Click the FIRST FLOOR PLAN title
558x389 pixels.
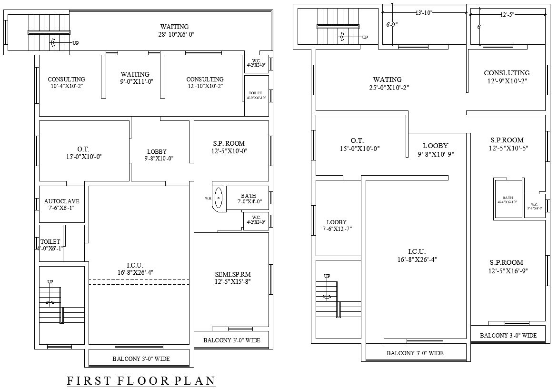tap(141, 381)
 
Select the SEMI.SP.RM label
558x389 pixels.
tap(232, 278)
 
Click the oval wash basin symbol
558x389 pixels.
tap(219, 198)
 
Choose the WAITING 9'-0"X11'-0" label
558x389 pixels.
tap(135, 78)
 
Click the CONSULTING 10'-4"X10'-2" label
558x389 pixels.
tap(66, 82)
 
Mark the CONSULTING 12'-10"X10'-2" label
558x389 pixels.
tap(205, 82)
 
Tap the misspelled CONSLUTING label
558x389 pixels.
tap(507, 77)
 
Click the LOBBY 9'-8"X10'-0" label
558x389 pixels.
tap(157, 155)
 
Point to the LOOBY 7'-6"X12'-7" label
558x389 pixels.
tap(337, 225)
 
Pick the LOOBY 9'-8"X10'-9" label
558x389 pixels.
tap(435, 150)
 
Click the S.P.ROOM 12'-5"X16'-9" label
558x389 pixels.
tap(506, 266)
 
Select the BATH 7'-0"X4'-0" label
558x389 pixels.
tap(249, 198)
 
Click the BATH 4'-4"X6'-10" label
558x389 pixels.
tap(508, 199)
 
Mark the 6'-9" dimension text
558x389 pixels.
tap(391, 24)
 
